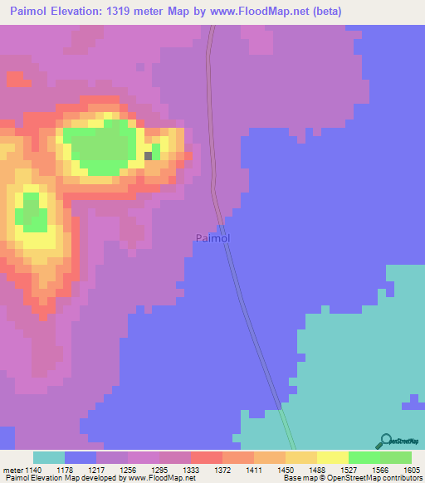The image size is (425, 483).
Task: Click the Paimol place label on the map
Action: (x=212, y=238)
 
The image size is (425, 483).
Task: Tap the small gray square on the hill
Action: (x=149, y=155)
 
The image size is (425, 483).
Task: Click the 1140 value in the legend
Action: (x=32, y=470)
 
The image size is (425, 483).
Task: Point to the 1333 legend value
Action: (x=190, y=470)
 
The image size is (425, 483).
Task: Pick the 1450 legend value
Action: (x=285, y=470)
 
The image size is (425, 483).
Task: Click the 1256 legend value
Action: (x=127, y=470)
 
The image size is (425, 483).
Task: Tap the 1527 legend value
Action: (x=348, y=470)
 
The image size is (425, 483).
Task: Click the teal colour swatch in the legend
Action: (x=49, y=457)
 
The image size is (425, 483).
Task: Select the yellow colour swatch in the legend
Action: (x=333, y=457)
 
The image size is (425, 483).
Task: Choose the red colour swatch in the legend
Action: (x=206, y=457)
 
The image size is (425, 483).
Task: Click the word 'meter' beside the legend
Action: (x=12, y=470)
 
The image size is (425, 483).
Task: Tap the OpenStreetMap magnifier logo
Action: (x=385, y=442)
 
